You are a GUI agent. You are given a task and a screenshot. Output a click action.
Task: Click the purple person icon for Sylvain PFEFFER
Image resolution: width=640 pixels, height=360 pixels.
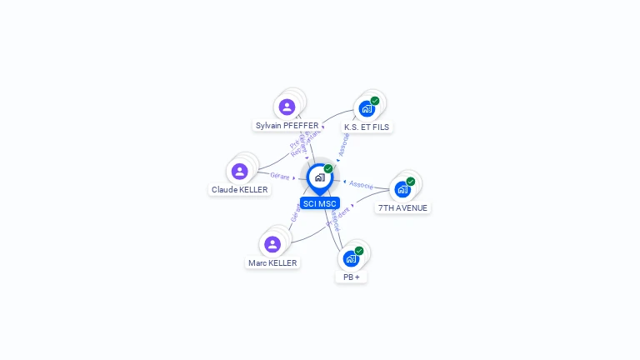click(x=287, y=107)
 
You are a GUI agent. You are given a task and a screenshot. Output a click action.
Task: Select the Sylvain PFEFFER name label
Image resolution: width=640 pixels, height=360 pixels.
click(x=287, y=126)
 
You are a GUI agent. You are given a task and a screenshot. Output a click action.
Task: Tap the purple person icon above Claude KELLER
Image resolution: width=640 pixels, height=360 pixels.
click(x=240, y=171)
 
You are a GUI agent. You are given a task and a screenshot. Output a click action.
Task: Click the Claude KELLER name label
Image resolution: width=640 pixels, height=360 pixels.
click(x=240, y=190)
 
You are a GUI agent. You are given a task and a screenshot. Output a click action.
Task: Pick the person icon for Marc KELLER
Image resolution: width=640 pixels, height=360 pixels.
click(x=272, y=244)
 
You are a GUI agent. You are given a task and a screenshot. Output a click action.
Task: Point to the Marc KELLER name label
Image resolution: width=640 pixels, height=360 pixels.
click(x=272, y=263)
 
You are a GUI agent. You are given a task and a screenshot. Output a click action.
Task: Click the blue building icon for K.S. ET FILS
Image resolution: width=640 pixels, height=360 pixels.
click(x=366, y=108)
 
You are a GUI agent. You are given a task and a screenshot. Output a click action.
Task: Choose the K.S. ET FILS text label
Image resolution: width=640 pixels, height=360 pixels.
click(x=367, y=127)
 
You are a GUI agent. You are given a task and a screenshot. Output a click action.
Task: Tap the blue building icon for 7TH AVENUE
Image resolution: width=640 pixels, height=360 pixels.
click(x=402, y=189)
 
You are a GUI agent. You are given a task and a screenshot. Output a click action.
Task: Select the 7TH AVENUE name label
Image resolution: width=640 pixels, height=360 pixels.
click(x=402, y=208)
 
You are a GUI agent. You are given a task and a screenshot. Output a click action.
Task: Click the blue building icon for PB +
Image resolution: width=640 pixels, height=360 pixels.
click(x=351, y=258)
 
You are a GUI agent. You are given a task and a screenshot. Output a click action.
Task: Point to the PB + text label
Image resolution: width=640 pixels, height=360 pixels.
click(x=351, y=277)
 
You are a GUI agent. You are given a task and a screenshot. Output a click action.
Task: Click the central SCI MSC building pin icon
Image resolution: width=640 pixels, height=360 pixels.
click(x=319, y=177)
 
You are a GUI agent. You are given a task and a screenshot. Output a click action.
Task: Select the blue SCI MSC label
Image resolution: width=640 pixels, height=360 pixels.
click(x=320, y=203)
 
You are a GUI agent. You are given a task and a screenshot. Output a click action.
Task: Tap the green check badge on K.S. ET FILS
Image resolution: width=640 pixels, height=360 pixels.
click(x=375, y=101)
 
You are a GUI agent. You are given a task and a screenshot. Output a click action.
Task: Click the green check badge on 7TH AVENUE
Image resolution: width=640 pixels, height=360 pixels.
click(x=411, y=182)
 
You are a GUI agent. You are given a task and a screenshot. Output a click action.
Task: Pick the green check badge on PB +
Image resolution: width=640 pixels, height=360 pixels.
click(x=359, y=251)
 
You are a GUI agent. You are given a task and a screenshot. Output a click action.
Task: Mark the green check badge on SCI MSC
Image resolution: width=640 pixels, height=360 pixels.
click(x=328, y=168)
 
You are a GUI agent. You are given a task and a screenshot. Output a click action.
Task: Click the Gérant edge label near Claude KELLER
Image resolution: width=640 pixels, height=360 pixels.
click(x=280, y=176)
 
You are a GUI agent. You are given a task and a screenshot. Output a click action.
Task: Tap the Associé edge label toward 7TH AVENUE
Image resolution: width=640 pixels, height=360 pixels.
click(x=362, y=184)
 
